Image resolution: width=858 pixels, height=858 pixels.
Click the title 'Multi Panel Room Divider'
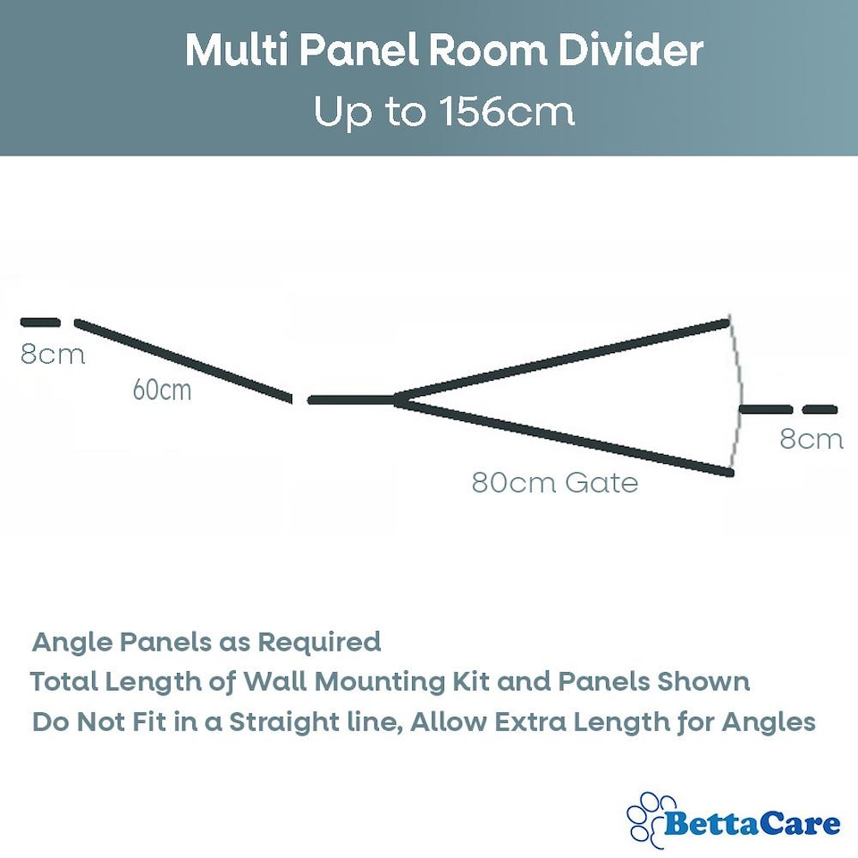pos(443,52)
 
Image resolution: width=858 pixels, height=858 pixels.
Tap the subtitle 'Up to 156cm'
pos(443,113)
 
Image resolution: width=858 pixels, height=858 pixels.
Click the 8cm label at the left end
pos(53,355)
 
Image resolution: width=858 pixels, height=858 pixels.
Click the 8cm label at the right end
pos(811,439)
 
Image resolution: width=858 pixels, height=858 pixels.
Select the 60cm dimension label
pos(162,390)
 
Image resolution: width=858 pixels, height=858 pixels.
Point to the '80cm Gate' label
pos(555,484)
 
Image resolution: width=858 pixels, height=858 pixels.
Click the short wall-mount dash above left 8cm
pos(40,322)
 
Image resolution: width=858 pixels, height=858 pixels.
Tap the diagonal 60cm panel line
pos(183,360)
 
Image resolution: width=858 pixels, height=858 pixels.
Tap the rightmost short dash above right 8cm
pos(820,410)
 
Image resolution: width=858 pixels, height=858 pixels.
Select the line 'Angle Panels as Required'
pos(206,642)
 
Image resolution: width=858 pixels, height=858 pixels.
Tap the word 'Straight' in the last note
pos(273,722)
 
